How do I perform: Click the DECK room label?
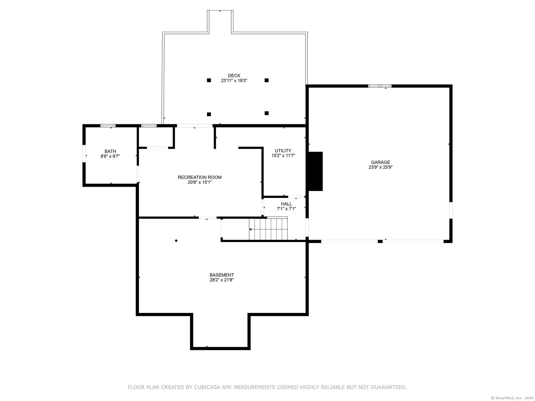(234, 76)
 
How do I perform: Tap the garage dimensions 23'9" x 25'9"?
(380, 167)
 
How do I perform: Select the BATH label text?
(110, 151)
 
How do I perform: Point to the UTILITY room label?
(283, 151)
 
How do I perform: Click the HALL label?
(286, 204)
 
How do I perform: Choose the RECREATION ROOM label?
(200, 177)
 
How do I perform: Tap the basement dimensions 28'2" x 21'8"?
(222, 280)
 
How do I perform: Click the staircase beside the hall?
(268, 229)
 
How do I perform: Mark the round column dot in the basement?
(176, 241)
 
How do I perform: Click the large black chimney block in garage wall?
(316, 171)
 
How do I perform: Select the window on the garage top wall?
(380, 86)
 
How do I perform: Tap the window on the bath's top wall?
(108, 126)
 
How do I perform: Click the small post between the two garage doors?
(380, 241)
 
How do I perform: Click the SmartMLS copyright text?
(512, 398)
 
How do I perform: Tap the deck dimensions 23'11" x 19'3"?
(234, 81)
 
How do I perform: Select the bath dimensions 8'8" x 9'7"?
(110, 156)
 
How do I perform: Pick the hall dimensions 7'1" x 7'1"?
(286, 209)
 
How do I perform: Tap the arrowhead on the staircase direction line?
(250, 229)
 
